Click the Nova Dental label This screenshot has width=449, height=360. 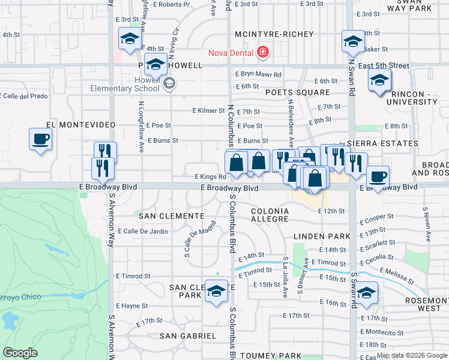230,53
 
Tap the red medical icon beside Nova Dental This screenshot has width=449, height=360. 262,53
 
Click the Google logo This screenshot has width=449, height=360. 20,353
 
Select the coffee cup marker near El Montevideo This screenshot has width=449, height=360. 41,139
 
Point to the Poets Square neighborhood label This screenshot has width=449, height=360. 298,92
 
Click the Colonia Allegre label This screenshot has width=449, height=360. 270,217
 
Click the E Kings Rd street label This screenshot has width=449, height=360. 209,177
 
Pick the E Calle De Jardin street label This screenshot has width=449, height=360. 143,231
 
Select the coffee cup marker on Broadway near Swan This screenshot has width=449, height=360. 378,176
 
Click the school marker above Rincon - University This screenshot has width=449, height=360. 380,80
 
